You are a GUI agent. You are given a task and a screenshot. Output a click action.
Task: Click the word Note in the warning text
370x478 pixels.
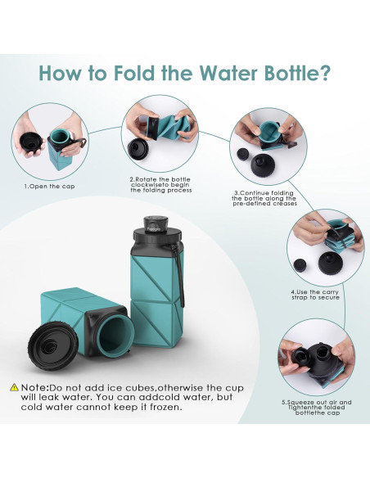38,386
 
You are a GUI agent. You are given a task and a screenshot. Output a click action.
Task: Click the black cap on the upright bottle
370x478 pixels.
156,227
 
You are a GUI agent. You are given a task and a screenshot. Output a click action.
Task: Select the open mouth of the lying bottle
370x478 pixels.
113,336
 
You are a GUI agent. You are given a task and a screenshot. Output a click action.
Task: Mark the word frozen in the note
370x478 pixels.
159,407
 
